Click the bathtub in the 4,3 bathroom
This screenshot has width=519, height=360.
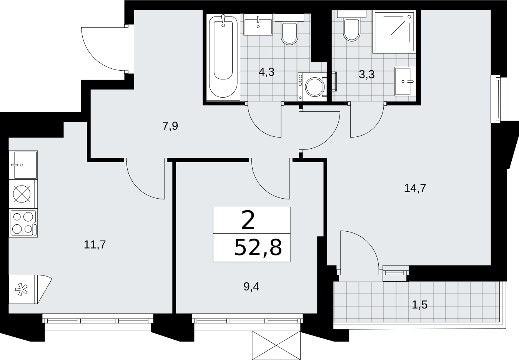click(223, 57)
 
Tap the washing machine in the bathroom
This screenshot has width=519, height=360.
click(312, 87)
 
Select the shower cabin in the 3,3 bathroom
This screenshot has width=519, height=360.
click(394, 32)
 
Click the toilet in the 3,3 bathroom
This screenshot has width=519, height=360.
click(351, 26)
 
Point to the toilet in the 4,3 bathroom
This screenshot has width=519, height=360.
click(289, 29)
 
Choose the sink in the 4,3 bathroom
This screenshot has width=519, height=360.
click(258, 25)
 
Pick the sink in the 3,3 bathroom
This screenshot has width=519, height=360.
click(405, 81)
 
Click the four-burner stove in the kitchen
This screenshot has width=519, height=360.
click(23, 223)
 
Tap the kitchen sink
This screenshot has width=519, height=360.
click(23, 165)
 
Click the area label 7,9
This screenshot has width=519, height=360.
click(170, 126)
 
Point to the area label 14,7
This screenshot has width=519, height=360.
click(415, 188)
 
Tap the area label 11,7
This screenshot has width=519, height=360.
click(95, 245)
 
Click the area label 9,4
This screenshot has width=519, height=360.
click(251, 287)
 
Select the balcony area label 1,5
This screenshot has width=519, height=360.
click(419, 305)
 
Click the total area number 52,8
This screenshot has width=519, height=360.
click(258, 247)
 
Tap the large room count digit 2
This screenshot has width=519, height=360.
click(248, 220)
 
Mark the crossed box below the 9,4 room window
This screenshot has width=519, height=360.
click(276, 345)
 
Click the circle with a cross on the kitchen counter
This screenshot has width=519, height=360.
click(22, 194)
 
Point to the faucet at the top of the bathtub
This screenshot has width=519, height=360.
click(223, 20)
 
